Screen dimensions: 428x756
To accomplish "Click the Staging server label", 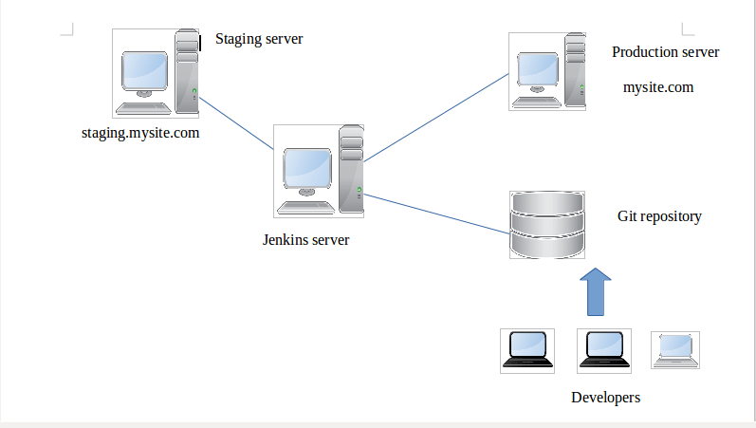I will pyautogui.click(x=259, y=39).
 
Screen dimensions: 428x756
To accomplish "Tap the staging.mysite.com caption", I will pyautogui.click(x=140, y=133).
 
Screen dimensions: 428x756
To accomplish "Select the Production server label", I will pyautogui.click(x=665, y=52).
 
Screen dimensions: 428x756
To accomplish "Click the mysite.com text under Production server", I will pyautogui.click(x=658, y=87).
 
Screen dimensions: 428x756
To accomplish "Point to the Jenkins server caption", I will pyautogui.click(x=305, y=239).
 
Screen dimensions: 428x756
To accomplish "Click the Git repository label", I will pyautogui.click(x=659, y=216).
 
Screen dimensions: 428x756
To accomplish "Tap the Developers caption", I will pyautogui.click(x=605, y=397).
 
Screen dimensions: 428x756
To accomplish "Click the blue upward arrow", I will pyautogui.click(x=595, y=291).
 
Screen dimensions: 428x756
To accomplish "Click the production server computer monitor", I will pyautogui.click(x=539, y=68).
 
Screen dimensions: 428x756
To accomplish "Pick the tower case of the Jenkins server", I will pyautogui.click(x=352, y=168).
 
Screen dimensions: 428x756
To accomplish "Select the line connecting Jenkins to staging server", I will pyautogui.click(x=236, y=123).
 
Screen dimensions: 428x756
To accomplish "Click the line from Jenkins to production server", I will pyautogui.click(x=436, y=118).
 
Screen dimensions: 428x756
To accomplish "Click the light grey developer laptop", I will pyautogui.click(x=674, y=349).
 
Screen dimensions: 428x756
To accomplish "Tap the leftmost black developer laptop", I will pyautogui.click(x=526, y=349).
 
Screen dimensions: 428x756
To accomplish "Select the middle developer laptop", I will pyautogui.click(x=603, y=349).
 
